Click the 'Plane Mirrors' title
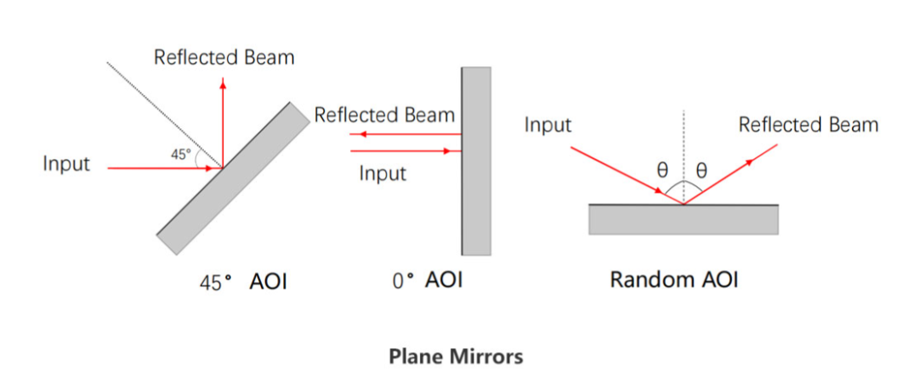[x=455, y=356]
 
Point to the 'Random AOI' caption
[x=674, y=280]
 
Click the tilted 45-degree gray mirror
[x=234, y=178]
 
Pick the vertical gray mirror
[x=476, y=161]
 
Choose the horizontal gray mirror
[x=684, y=218]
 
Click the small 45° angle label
[x=181, y=155]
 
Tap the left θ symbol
[x=661, y=169]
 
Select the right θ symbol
[x=701, y=169]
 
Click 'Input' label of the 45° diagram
[x=66, y=164]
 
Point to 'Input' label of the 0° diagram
[x=383, y=174]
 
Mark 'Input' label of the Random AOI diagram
[x=548, y=126]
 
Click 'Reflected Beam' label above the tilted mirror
[x=224, y=58]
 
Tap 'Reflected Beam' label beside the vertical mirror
[x=384, y=115]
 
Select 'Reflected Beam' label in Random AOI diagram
[x=808, y=126]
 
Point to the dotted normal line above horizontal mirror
[x=682, y=144]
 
